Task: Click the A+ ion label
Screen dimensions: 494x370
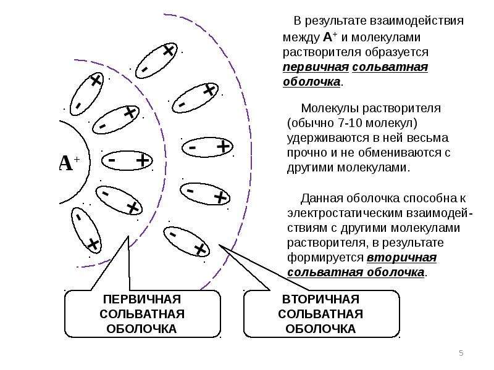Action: tap(69, 163)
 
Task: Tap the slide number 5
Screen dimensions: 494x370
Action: tap(461, 353)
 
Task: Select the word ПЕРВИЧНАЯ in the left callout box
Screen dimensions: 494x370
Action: tap(142, 299)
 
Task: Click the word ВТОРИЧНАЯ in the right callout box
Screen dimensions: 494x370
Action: tap(320, 299)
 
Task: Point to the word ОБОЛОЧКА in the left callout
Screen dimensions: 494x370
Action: tap(141, 329)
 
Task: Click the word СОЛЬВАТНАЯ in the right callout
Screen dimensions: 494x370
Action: tap(320, 314)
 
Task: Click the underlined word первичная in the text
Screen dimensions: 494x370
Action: tap(316, 67)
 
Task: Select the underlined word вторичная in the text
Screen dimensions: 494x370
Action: tap(402, 258)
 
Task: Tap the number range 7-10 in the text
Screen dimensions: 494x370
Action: tap(350, 123)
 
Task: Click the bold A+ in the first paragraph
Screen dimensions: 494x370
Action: tap(330, 37)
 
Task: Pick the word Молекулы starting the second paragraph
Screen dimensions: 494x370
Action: tap(330, 109)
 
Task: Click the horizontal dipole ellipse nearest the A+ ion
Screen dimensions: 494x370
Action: tap(127, 161)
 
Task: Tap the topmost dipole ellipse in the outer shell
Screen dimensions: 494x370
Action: tap(156, 60)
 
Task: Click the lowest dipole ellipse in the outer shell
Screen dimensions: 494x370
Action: tap(186, 242)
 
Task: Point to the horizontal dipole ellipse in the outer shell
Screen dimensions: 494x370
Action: tap(207, 147)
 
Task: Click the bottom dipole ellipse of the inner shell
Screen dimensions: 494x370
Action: tap(86, 230)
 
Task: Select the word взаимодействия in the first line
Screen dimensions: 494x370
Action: tap(416, 21)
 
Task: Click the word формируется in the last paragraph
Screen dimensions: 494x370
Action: tap(325, 258)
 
